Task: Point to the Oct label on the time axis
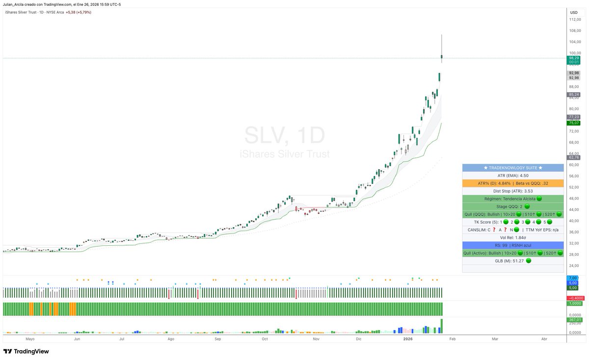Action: (x=265, y=339)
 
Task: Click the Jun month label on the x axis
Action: (x=77, y=339)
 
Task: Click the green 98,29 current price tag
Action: (x=574, y=58)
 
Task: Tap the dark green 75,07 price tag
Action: (x=574, y=123)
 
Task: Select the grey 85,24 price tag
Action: (x=574, y=94)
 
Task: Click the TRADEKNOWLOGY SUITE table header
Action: (x=513, y=168)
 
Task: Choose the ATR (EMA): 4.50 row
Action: (x=513, y=176)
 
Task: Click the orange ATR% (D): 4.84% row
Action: (x=513, y=183)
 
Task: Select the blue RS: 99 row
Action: (x=513, y=245)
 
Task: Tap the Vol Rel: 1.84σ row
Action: (x=513, y=237)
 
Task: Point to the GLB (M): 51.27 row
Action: (x=513, y=260)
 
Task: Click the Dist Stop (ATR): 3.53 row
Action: (x=513, y=191)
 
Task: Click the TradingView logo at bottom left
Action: (x=26, y=351)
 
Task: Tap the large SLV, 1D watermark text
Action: (x=285, y=136)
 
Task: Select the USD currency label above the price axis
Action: (x=574, y=12)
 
